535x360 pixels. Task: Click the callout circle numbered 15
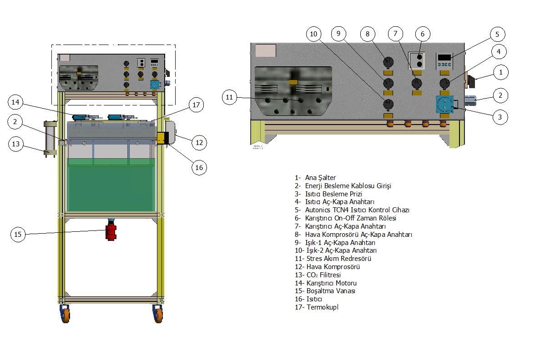click(x=18, y=235)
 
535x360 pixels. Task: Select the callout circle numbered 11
click(x=229, y=97)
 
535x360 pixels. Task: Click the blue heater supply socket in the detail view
click(x=444, y=105)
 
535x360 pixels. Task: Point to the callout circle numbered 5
click(x=497, y=34)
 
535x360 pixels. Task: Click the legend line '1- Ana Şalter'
click(x=315, y=178)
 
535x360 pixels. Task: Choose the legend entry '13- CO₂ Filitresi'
click(x=318, y=275)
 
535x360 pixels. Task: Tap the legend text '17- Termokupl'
click(x=316, y=307)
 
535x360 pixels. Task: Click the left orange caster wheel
click(x=65, y=314)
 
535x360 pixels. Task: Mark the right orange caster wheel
click(x=158, y=314)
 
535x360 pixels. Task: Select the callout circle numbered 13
click(x=16, y=144)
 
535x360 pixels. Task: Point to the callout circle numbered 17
click(x=196, y=105)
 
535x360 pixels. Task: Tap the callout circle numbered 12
click(x=199, y=142)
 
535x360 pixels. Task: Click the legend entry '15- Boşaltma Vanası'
click(x=325, y=291)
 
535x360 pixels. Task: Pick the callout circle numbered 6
click(x=423, y=34)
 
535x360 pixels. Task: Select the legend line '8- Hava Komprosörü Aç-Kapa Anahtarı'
click(x=353, y=235)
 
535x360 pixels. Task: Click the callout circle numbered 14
click(x=15, y=103)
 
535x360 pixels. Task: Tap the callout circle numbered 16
click(x=199, y=167)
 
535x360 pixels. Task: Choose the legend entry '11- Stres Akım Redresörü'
click(x=333, y=259)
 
